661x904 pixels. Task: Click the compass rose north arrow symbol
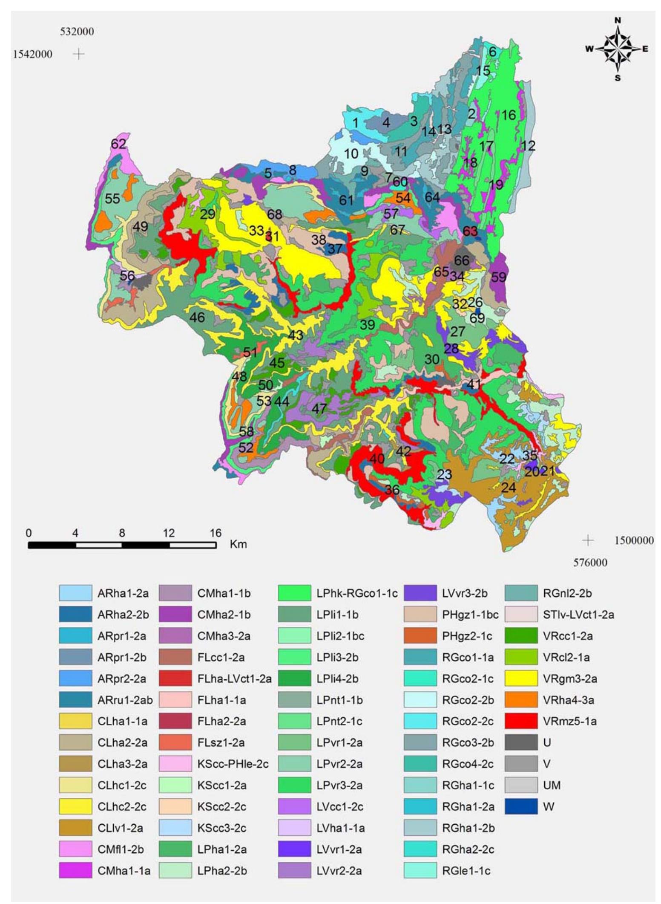pyautogui.click(x=617, y=49)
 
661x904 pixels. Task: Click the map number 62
pyautogui.click(x=118, y=144)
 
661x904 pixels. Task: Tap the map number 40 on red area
pyautogui.click(x=377, y=459)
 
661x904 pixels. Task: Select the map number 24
pyautogui.click(x=509, y=487)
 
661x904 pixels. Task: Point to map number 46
pyautogui.click(x=197, y=317)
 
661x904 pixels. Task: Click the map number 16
pyautogui.click(x=509, y=115)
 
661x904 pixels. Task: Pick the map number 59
pyautogui.click(x=499, y=277)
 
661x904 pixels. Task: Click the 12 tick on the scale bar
pyautogui.click(x=169, y=533)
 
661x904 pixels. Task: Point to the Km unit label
pyautogui.click(x=238, y=544)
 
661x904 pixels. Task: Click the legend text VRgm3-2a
pyautogui.click(x=570, y=679)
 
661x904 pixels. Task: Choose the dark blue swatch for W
pyautogui.click(x=521, y=806)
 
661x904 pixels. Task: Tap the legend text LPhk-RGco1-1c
pyautogui.click(x=357, y=593)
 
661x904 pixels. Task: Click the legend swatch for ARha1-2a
pyautogui.click(x=75, y=593)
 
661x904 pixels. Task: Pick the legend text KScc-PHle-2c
pyautogui.click(x=233, y=764)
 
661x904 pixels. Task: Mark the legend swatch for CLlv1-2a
pyautogui.click(x=75, y=828)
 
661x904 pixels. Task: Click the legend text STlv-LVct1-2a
pyautogui.click(x=578, y=615)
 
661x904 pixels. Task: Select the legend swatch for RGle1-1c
pyautogui.click(x=420, y=870)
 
